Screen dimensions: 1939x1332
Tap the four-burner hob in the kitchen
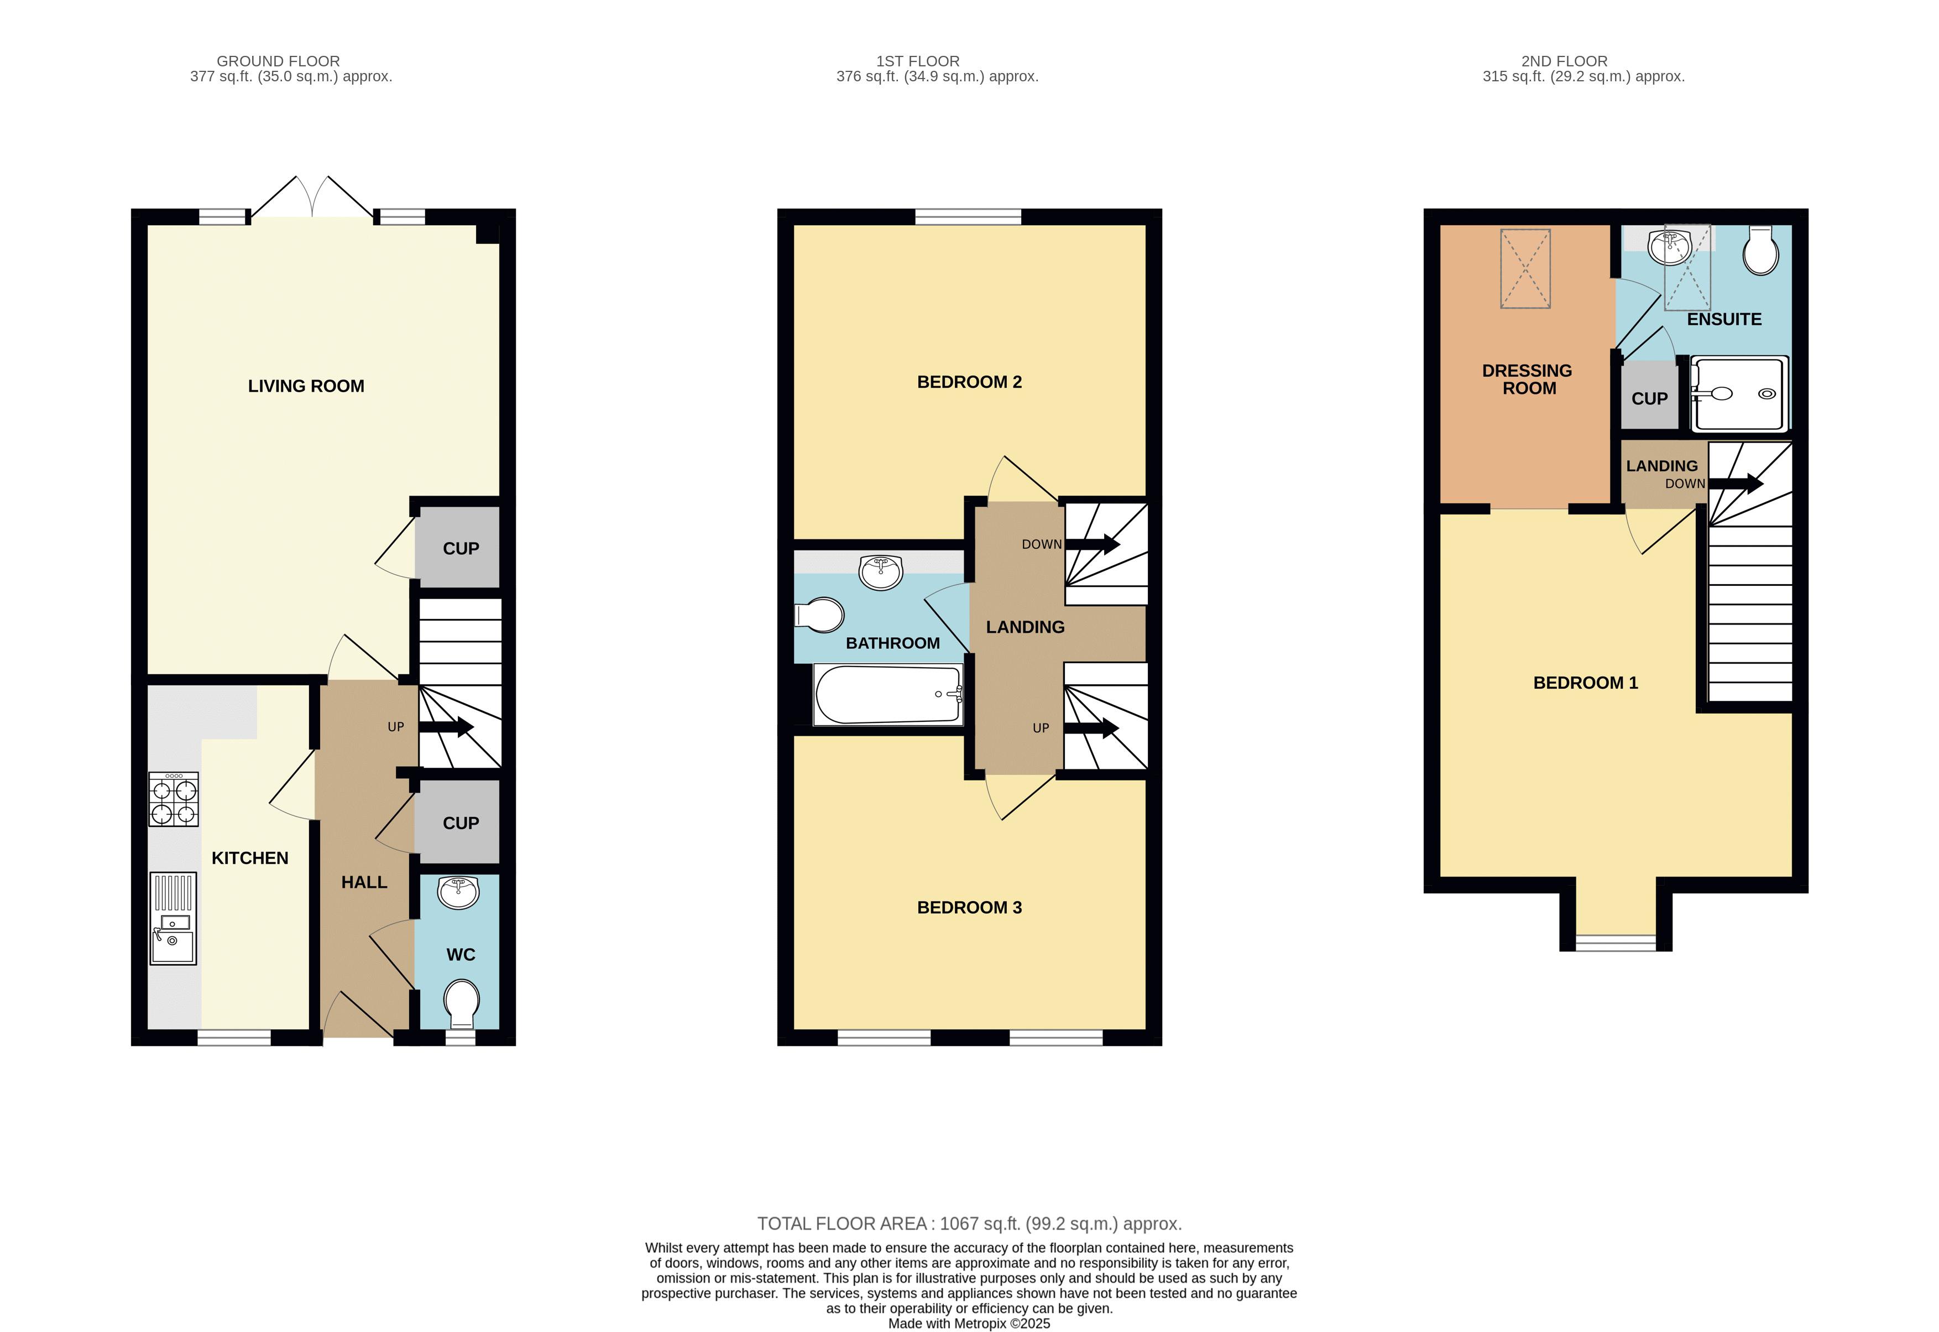[x=174, y=799]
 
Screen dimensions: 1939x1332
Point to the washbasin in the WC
[x=458, y=892]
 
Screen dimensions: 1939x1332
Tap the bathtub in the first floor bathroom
[x=889, y=694]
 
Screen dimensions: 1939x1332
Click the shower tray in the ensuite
[x=1739, y=394]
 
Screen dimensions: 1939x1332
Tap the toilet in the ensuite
[x=1762, y=249]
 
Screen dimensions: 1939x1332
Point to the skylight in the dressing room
[x=1525, y=269]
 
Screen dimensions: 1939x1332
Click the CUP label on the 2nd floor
[x=1649, y=399]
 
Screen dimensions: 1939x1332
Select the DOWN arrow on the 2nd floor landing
[x=1736, y=483]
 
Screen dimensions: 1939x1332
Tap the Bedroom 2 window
[x=968, y=217]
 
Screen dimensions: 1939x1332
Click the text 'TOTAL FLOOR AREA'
[x=842, y=1224]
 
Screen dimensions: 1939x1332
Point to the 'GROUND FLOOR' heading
[x=278, y=61]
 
